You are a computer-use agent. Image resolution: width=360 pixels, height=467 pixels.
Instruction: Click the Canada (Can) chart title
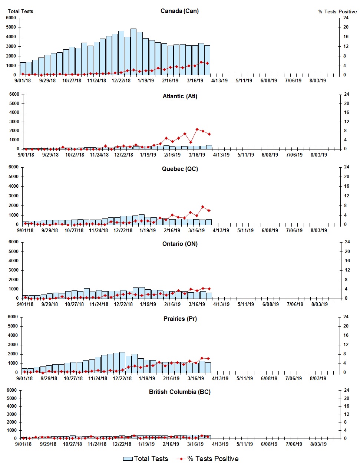click(179, 11)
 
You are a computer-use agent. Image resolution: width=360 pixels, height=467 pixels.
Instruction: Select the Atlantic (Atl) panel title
click(180, 96)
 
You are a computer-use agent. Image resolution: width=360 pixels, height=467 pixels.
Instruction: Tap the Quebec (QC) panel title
click(180, 169)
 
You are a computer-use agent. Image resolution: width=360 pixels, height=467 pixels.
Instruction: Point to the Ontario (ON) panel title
click(180, 244)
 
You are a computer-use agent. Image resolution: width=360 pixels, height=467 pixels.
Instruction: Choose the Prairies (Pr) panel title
click(180, 319)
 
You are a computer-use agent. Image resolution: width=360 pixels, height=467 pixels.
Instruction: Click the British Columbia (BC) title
click(180, 392)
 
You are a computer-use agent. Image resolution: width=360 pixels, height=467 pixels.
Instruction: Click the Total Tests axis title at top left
click(20, 11)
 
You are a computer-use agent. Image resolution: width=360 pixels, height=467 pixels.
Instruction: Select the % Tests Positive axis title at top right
click(337, 11)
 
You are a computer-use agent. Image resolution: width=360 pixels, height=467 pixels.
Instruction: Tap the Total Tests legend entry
click(146, 459)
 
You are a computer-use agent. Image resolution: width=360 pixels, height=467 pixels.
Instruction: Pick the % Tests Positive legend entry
click(208, 459)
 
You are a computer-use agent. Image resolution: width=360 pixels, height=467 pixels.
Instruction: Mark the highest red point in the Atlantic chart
click(197, 129)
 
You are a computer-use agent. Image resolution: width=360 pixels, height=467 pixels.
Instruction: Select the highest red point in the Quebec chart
click(203, 207)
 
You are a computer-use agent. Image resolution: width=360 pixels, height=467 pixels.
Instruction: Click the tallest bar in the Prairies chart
click(122, 362)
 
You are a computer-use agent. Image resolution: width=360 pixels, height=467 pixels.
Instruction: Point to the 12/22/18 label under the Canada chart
click(121, 80)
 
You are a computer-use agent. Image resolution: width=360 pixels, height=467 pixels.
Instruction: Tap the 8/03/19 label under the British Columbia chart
click(318, 444)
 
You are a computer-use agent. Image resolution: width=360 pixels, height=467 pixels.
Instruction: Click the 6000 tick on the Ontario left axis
click(13, 242)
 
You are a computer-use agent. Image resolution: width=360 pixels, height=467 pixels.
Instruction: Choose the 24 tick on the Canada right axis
click(346, 18)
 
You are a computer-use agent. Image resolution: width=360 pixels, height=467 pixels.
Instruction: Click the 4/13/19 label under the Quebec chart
click(221, 230)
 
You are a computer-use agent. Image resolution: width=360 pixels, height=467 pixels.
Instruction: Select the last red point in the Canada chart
click(207, 63)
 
